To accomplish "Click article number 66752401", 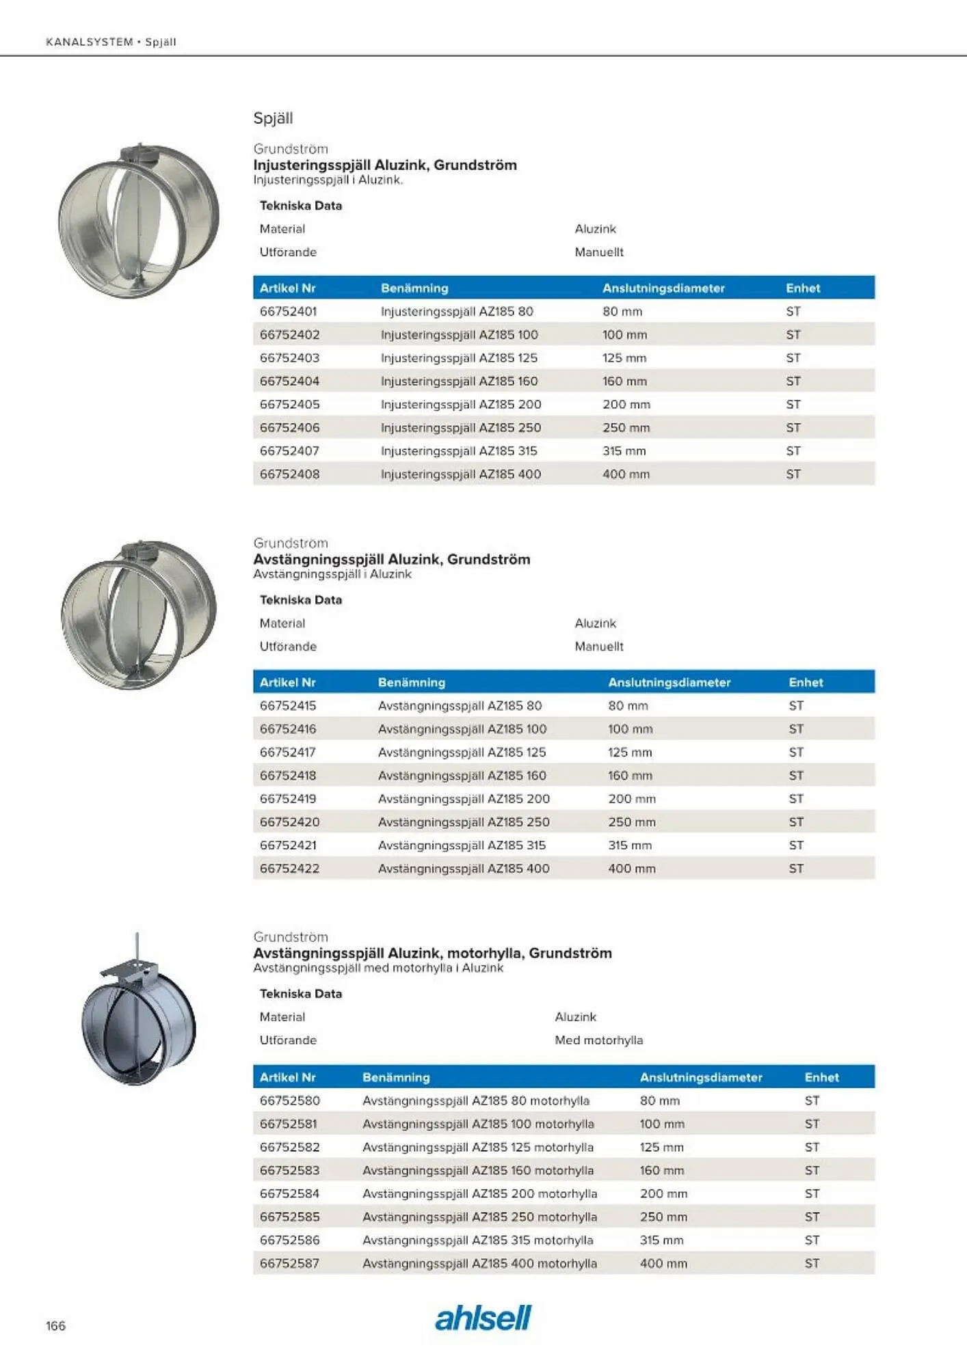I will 288,312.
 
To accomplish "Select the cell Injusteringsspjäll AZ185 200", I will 460,405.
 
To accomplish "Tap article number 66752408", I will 289,474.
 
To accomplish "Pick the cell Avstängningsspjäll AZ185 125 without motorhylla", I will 462,753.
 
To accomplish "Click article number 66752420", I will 289,822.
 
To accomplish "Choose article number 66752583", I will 289,1171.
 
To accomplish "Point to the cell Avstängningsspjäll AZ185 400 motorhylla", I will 479,1264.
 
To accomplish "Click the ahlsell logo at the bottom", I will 483,1318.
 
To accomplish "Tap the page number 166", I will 55,1326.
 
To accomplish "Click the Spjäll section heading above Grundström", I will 273,118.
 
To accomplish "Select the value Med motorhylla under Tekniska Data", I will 598,1040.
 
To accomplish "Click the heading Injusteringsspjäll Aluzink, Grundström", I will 384,165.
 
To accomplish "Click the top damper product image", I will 139,220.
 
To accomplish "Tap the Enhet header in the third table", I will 821,1077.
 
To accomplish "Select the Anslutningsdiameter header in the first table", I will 663,288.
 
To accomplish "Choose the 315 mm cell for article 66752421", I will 629,845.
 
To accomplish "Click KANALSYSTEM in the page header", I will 89,42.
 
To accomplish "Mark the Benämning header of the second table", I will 411,683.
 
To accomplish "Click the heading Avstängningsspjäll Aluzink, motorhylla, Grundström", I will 432,953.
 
